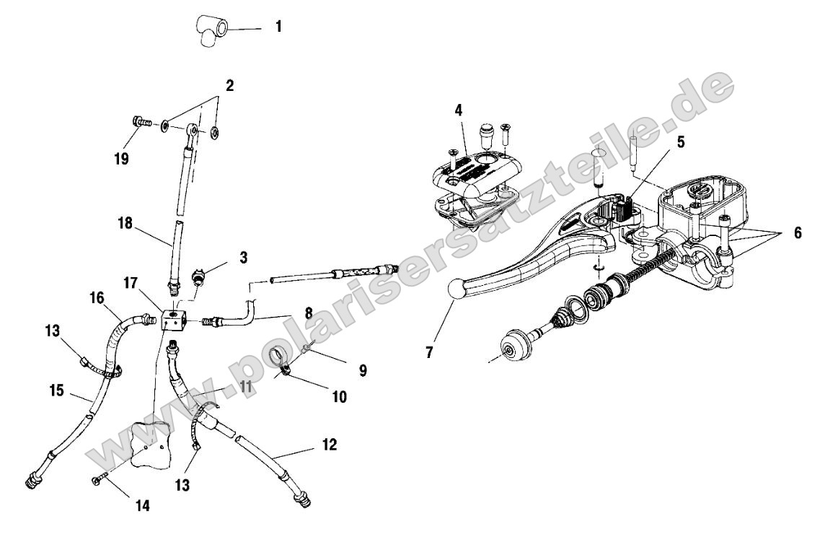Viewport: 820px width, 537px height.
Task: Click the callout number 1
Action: pos(278,28)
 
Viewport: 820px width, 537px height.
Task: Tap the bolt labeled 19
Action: pos(141,123)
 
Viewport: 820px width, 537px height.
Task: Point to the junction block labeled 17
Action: pos(173,320)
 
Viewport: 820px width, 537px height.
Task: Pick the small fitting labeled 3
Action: pos(200,277)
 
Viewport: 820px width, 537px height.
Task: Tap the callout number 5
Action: pos(680,143)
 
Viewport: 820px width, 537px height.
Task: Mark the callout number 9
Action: pos(362,371)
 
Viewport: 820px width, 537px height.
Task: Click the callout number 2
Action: pos(229,85)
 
